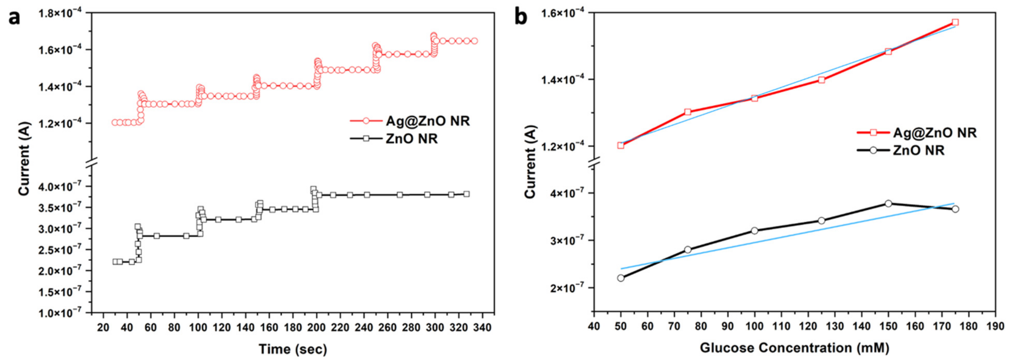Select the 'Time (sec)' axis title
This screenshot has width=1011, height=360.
[x=292, y=349]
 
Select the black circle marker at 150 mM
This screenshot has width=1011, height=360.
[x=888, y=203]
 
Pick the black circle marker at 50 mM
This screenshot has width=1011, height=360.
[x=621, y=278]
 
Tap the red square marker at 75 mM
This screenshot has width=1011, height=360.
[x=688, y=112]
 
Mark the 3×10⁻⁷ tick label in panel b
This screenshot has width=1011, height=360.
[x=569, y=240]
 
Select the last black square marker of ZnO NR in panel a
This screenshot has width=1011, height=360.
[x=466, y=194]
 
